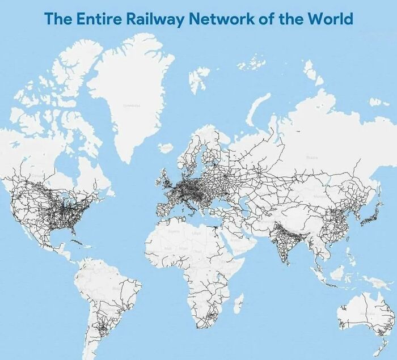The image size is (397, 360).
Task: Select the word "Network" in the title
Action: point(218,18)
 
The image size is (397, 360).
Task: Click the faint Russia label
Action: point(311,158)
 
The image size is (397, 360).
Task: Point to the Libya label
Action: point(197,233)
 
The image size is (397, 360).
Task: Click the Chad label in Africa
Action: point(197,251)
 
